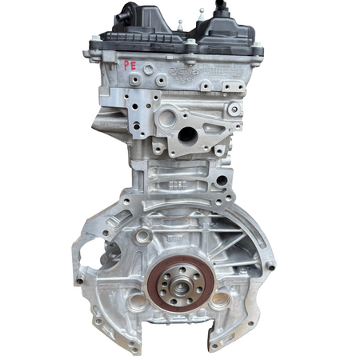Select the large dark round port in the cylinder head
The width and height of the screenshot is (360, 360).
186,134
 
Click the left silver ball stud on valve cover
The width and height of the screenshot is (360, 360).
180,24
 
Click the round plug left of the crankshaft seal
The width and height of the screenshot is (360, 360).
137,302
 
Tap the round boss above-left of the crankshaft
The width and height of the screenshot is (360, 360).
143,237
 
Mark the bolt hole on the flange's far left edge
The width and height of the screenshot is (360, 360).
80,278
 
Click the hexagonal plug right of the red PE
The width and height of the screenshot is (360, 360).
148,70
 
